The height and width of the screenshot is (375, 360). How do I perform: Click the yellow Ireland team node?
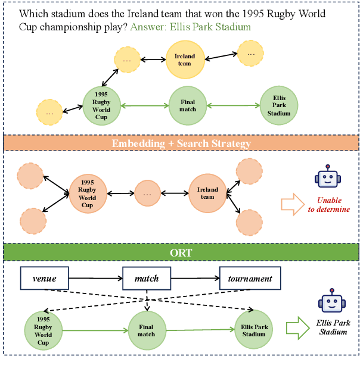point(185,60)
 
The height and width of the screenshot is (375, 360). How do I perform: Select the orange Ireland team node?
point(207,193)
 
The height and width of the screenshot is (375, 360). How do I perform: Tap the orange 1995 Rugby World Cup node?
point(88,193)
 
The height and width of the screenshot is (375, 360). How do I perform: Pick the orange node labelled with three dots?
point(148,193)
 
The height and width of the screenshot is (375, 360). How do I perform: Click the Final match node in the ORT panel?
point(146,330)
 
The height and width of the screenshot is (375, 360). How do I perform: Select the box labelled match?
point(147,278)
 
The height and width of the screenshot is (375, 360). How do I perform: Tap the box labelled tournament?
point(250,278)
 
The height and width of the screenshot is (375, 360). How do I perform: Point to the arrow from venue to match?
point(95,278)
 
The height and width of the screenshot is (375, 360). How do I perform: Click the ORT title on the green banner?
point(181,252)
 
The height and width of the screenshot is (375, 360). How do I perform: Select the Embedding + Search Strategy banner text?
point(181,143)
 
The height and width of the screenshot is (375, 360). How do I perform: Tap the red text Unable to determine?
point(333,205)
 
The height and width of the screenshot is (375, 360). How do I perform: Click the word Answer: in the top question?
point(147,27)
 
